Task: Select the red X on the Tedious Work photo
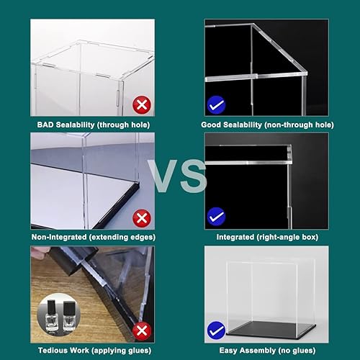point(142,330)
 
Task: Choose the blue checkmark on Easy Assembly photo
point(215,330)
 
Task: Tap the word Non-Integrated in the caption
point(61,237)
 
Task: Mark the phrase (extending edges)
point(123,237)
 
